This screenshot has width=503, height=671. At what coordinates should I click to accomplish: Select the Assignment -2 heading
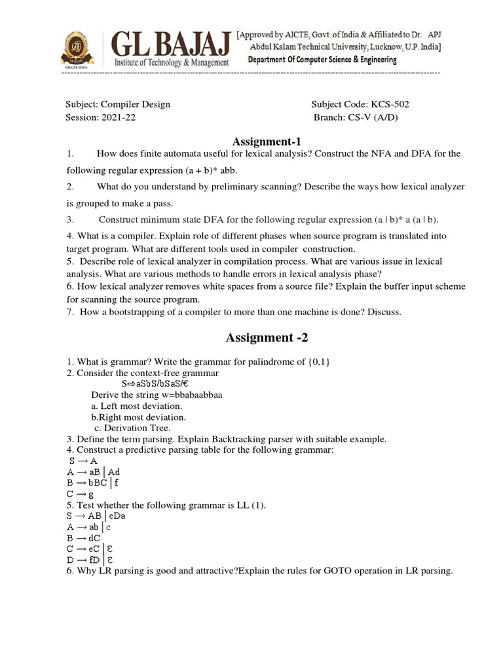click(x=266, y=337)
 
